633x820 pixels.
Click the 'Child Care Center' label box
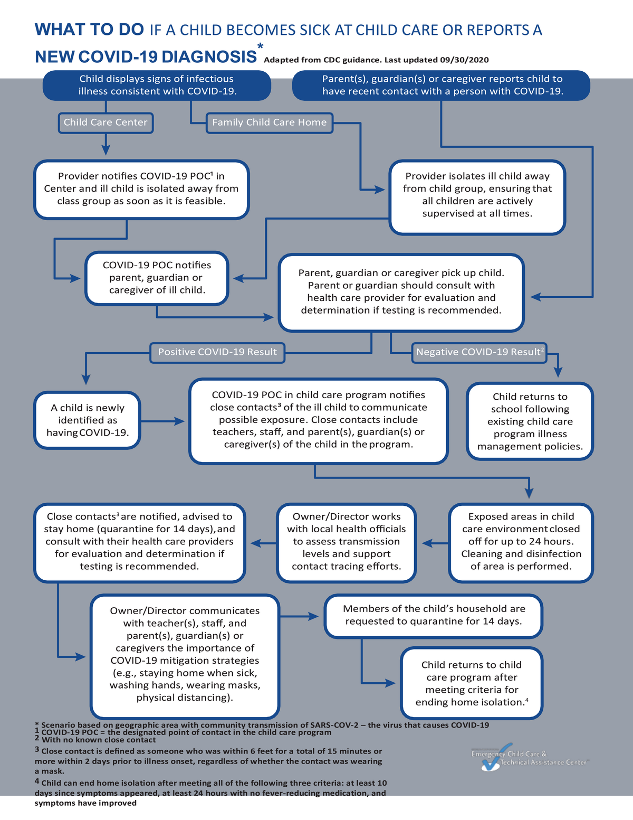pyautogui.click(x=105, y=122)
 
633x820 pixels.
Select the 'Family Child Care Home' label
pyautogui.click(x=269, y=122)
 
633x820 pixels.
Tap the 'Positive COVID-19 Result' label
pyautogui.click(x=217, y=352)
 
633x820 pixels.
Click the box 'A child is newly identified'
pyautogui.click(x=88, y=420)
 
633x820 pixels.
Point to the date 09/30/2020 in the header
pyautogui.click(x=465, y=60)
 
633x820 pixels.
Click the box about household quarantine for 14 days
pyautogui.click(x=434, y=615)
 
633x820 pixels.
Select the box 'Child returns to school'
pyautogui.click(x=530, y=421)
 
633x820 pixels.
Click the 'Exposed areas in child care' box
pyautogui.click(x=521, y=542)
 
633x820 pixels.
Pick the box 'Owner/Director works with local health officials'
pyautogui.click(x=347, y=542)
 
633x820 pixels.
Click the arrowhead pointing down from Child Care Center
pyautogui.click(x=106, y=150)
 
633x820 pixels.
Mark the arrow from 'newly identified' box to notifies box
pyautogui.click(x=164, y=421)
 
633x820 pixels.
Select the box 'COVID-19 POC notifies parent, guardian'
pyautogui.click(x=157, y=278)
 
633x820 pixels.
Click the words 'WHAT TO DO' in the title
pyautogui.click(x=89, y=30)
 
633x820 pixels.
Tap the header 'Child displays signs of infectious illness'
pyautogui.click(x=157, y=85)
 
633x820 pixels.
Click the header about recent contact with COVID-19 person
pyautogui.click(x=442, y=85)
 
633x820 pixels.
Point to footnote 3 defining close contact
pyautogui.click(x=208, y=761)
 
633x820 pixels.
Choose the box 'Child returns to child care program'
pyautogui.click(x=472, y=683)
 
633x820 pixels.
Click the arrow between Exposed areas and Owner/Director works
pyautogui.click(x=435, y=543)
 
